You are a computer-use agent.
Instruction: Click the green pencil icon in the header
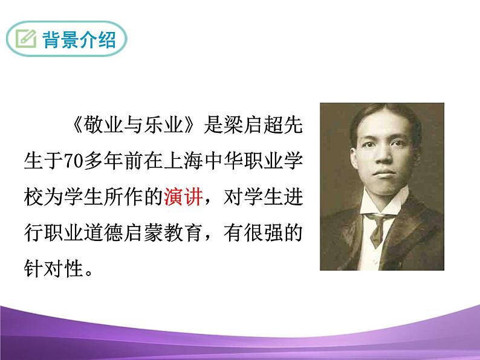pos(26,40)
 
